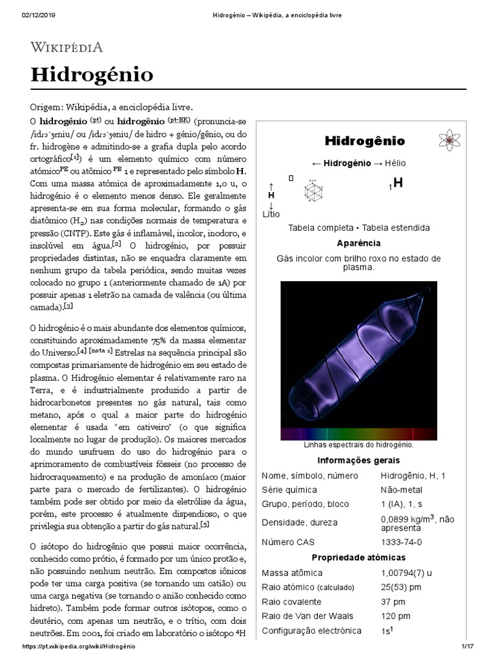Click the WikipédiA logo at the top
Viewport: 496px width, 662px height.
click(67, 47)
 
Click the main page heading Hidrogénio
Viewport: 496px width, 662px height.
click(92, 74)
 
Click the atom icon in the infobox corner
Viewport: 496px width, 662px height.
click(448, 140)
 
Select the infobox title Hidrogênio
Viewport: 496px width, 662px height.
click(364, 141)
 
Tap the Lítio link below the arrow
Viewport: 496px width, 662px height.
click(272, 213)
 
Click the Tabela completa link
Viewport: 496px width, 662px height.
click(320, 228)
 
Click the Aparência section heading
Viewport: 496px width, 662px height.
click(358, 243)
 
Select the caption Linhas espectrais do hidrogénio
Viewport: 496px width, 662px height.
click(358, 445)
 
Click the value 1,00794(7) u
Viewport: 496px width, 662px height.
click(406, 573)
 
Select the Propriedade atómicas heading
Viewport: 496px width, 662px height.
click(358, 557)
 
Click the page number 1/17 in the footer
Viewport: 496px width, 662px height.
click(468, 646)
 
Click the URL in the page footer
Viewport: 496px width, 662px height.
click(79, 646)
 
